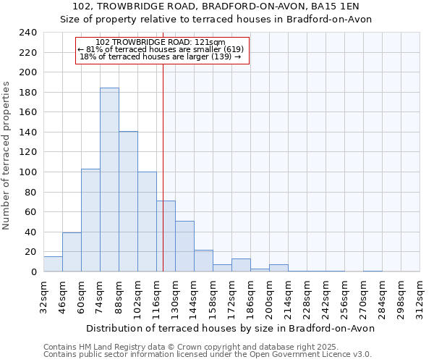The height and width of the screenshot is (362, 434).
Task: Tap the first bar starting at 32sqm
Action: click(53, 264)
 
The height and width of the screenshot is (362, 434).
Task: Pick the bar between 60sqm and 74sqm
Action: click(90, 220)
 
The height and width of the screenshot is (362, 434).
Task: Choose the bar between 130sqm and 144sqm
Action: click(184, 246)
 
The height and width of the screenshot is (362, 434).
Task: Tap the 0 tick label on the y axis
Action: click(33, 271)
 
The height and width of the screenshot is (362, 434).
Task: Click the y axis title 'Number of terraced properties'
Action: click(7, 155)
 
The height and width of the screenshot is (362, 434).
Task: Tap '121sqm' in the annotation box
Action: click(210, 43)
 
